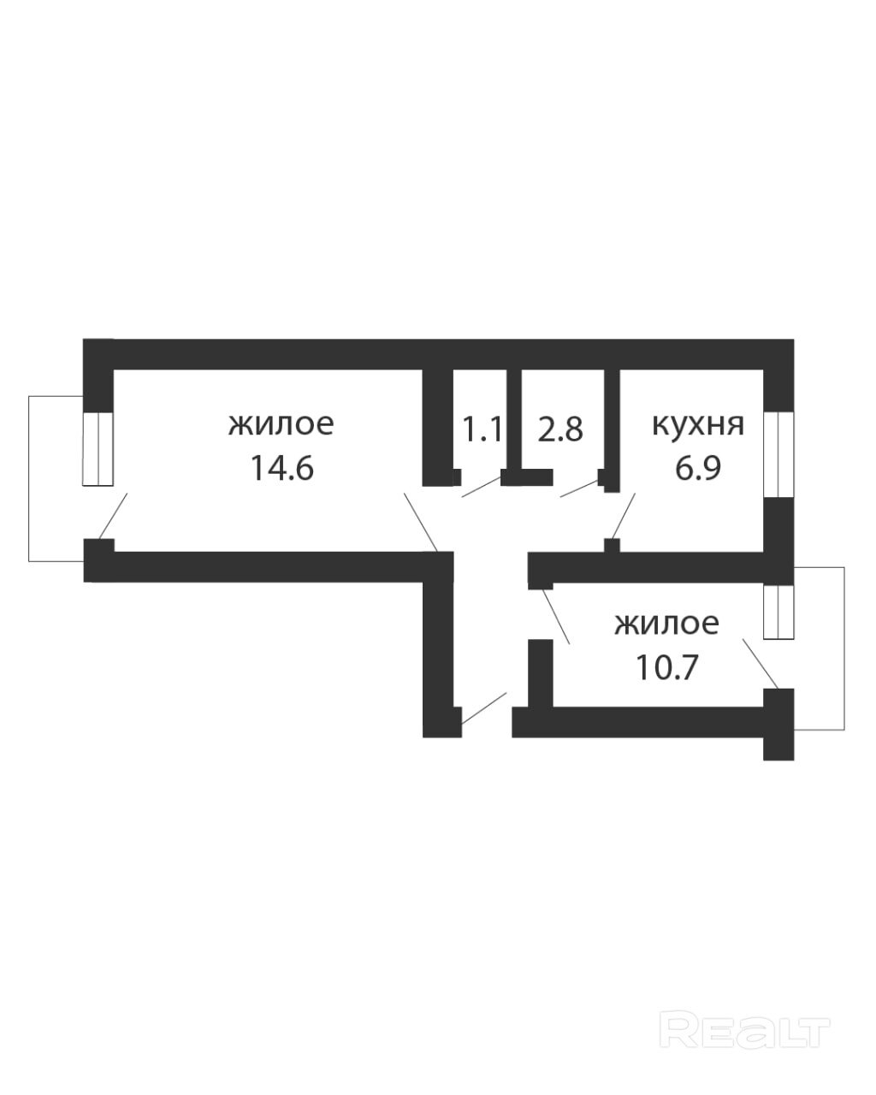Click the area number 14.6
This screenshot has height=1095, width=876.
(x=282, y=468)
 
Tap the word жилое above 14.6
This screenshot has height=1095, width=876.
(x=281, y=423)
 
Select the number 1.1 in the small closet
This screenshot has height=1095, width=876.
(x=482, y=428)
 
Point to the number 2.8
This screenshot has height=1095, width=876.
(x=560, y=429)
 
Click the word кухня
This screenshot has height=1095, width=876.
(x=698, y=424)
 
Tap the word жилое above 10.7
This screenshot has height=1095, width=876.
(x=666, y=624)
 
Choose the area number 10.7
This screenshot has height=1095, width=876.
(x=666, y=666)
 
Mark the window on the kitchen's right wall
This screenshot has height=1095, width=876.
(x=778, y=453)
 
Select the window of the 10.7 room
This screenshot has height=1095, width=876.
(x=778, y=612)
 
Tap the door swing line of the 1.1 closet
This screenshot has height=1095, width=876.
(x=481, y=487)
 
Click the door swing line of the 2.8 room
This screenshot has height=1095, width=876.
(x=580, y=488)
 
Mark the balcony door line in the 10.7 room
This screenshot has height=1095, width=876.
(x=761, y=663)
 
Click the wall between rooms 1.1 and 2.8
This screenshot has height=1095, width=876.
(x=513, y=419)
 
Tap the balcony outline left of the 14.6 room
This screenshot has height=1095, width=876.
(x=30, y=479)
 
